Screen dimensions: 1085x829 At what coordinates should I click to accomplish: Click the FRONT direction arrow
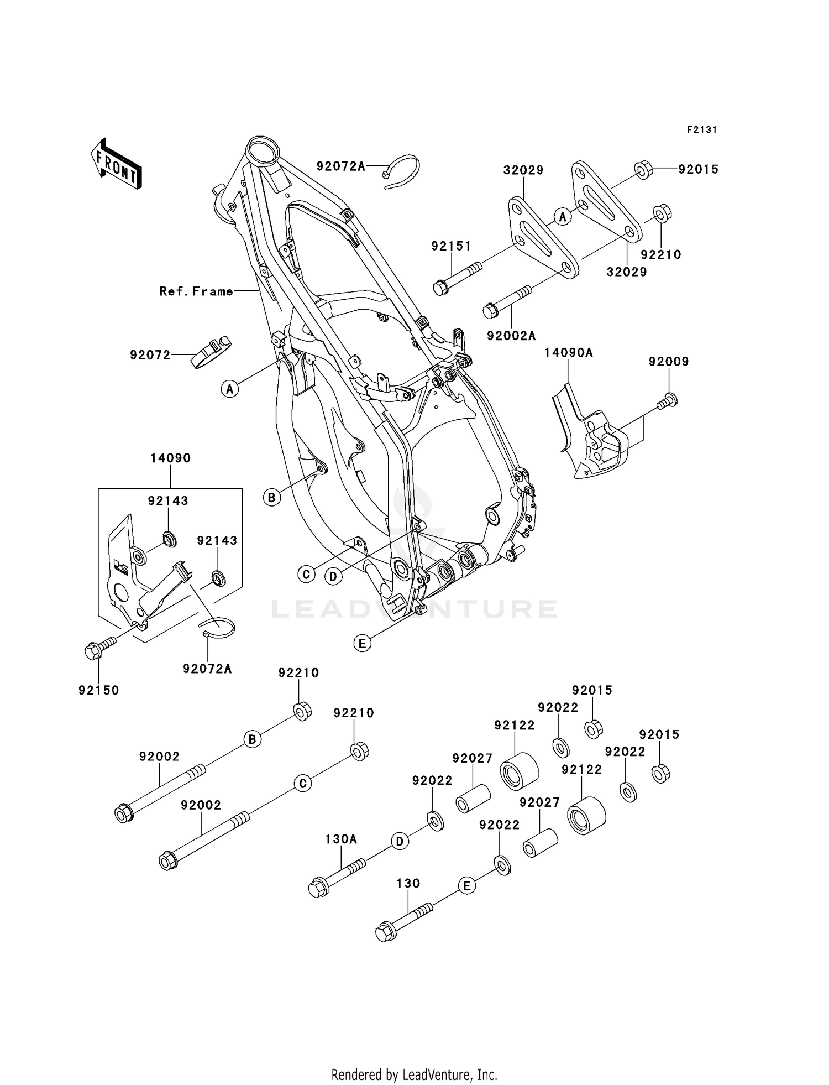click(x=116, y=165)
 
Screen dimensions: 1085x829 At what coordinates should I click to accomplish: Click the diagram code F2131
click(x=701, y=130)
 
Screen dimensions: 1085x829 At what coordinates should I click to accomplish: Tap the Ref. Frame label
click(x=196, y=291)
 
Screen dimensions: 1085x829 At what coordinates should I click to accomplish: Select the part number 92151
click(x=451, y=246)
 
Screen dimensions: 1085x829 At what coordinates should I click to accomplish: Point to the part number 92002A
click(x=511, y=335)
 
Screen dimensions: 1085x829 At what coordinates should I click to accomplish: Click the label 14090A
click(x=568, y=352)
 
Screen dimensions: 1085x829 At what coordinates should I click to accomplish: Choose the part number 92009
click(x=669, y=362)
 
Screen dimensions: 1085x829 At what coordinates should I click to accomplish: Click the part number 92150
click(x=99, y=690)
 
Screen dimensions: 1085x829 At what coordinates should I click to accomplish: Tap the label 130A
click(x=340, y=839)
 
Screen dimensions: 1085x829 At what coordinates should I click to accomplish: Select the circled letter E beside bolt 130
click(x=466, y=886)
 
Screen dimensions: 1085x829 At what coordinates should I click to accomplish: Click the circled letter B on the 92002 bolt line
click(x=252, y=739)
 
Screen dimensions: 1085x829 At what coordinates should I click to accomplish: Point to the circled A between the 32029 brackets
click(x=563, y=217)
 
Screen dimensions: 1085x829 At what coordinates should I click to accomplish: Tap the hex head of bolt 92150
click(x=92, y=651)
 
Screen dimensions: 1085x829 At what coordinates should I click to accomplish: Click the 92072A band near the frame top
click(x=402, y=170)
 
